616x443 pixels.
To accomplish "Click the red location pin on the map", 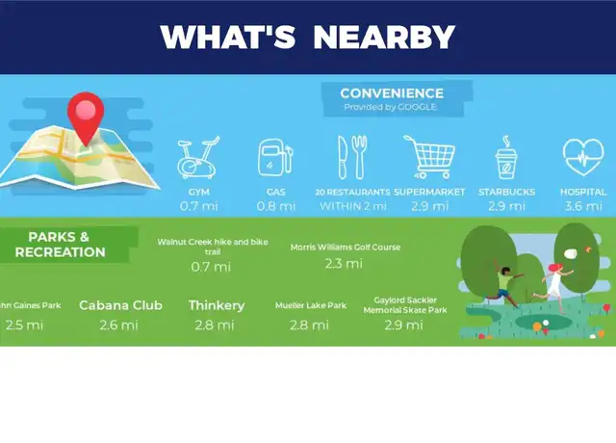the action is point(86,114).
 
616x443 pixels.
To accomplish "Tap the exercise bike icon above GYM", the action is point(198,158).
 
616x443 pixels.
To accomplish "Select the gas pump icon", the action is point(275,157).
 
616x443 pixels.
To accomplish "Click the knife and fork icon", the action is point(353,157).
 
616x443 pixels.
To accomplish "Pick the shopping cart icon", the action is point(429,157).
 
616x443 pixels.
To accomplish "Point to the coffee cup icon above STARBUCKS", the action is point(506,158).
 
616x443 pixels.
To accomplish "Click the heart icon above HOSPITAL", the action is point(583,157).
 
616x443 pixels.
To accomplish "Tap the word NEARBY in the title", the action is point(384,37).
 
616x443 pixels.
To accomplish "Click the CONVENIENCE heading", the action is point(392,93).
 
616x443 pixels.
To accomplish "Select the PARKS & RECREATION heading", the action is point(61,244).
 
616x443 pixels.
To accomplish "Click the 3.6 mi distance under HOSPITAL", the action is point(583,206).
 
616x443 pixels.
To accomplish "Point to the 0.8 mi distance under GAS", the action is point(276,206).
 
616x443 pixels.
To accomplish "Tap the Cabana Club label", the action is point(120,305).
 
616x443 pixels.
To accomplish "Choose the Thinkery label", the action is point(217,305).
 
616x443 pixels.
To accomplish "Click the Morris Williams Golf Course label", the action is point(346,248).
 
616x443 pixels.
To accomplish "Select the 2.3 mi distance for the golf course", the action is point(344,263).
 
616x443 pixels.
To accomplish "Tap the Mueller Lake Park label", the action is point(311,305).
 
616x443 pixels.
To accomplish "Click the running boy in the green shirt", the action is point(504,283).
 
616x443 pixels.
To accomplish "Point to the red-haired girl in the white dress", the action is point(554,281).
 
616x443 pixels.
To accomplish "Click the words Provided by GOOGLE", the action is point(390,107).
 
